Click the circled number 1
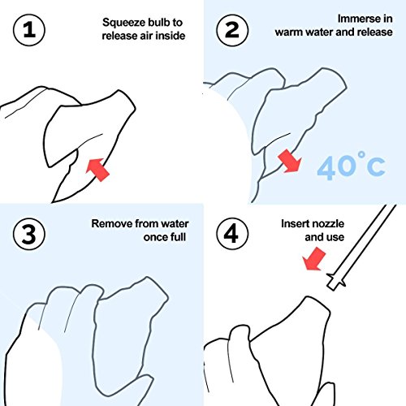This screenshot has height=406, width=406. tap(29, 30)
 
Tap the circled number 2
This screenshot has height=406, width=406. tap(232, 30)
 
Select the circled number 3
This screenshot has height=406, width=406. tap(29, 234)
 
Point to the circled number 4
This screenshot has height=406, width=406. tap(232, 234)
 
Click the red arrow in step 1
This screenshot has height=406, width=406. tap(97, 170)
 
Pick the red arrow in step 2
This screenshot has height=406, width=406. tap(290, 161)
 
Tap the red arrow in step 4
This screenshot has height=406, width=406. tap(314, 259)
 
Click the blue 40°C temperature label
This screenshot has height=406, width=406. tap(351, 166)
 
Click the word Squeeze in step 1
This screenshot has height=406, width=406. tap(123, 23)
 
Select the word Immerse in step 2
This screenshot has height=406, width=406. tap(356, 19)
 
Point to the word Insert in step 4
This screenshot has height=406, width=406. tap(293, 224)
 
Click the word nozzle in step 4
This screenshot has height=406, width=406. tap(326, 224)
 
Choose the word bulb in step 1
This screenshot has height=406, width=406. tap(158, 22)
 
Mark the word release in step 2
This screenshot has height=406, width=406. tap(375, 32)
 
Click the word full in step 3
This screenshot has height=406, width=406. tap(179, 237)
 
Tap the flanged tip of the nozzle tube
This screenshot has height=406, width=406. tap(335, 282)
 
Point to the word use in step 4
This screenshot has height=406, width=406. tap(335, 238)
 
